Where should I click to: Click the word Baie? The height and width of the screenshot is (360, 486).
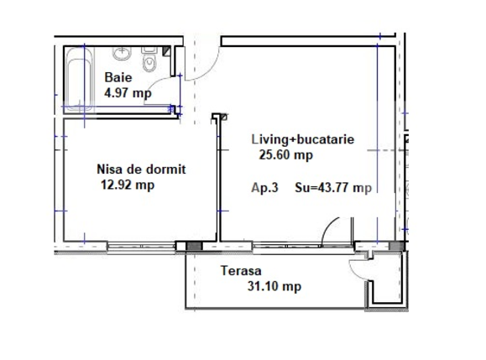click(118, 78)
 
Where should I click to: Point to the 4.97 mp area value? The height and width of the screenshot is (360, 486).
click(128, 93)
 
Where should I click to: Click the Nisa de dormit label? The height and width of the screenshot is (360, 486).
click(141, 169)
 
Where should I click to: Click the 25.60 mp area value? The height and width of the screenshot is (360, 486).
click(285, 154)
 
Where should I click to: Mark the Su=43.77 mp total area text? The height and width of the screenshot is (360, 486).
click(333, 188)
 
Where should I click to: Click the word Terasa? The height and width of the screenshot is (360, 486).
click(242, 271)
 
